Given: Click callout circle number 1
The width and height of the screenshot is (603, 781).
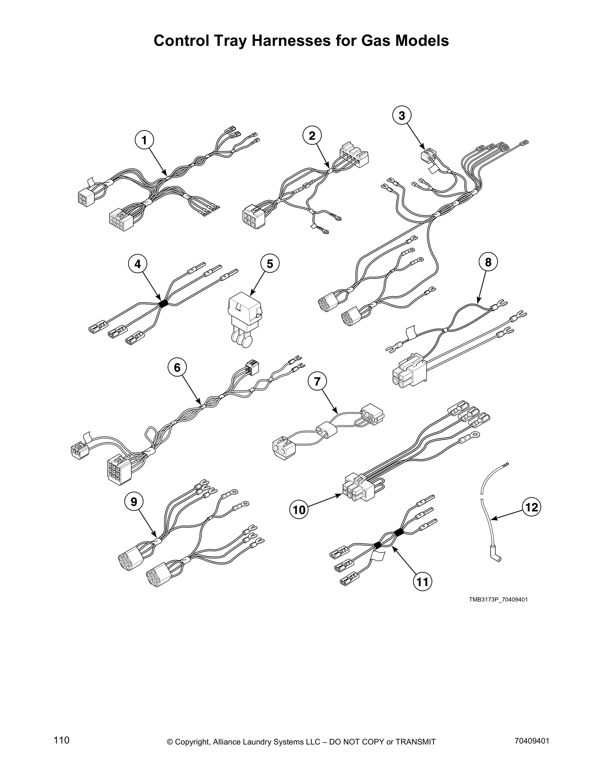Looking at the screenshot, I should point(144,141).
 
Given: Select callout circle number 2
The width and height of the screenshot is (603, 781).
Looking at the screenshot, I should point(312,135).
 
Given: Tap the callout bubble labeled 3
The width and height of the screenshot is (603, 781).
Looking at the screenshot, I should point(402,115).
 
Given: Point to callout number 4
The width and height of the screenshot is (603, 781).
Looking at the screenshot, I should point(138,264).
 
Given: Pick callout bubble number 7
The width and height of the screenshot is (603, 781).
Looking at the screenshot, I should point(317,381).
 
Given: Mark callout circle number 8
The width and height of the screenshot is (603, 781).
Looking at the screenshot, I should point(488,262).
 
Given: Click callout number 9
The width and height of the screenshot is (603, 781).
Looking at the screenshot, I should point(134,501).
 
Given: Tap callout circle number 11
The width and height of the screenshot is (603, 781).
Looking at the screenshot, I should point(422,582).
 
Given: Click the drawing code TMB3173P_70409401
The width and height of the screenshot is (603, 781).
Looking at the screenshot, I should point(498,600).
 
